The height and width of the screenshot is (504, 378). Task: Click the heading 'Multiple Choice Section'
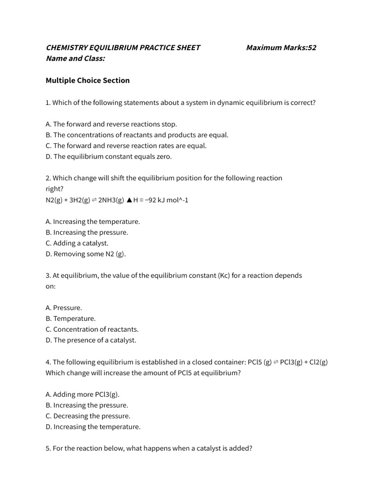click(x=88, y=80)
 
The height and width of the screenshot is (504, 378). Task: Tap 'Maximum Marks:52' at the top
click(x=281, y=48)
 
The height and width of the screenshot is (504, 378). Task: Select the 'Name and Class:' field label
click(x=75, y=59)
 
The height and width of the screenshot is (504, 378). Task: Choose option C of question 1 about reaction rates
click(x=126, y=146)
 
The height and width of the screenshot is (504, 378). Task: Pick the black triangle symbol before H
click(x=129, y=200)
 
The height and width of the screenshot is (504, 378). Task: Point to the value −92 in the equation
click(x=151, y=200)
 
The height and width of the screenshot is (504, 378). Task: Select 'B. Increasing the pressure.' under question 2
click(x=87, y=232)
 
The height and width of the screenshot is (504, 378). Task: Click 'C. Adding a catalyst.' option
click(x=77, y=243)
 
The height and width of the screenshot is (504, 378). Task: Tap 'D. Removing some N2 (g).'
click(x=86, y=254)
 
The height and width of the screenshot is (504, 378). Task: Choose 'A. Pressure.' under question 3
click(x=64, y=308)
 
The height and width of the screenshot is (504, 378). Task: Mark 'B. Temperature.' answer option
click(x=71, y=318)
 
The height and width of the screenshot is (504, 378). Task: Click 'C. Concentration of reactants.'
click(x=92, y=329)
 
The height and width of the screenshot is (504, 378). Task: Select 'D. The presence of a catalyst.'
click(x=91, y=340)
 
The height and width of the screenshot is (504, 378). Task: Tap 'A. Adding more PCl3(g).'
click(x=83, y=394)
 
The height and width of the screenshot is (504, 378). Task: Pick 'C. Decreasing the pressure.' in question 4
click(x=88, y=416)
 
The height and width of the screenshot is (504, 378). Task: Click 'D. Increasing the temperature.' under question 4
click(x=93, y=427)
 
